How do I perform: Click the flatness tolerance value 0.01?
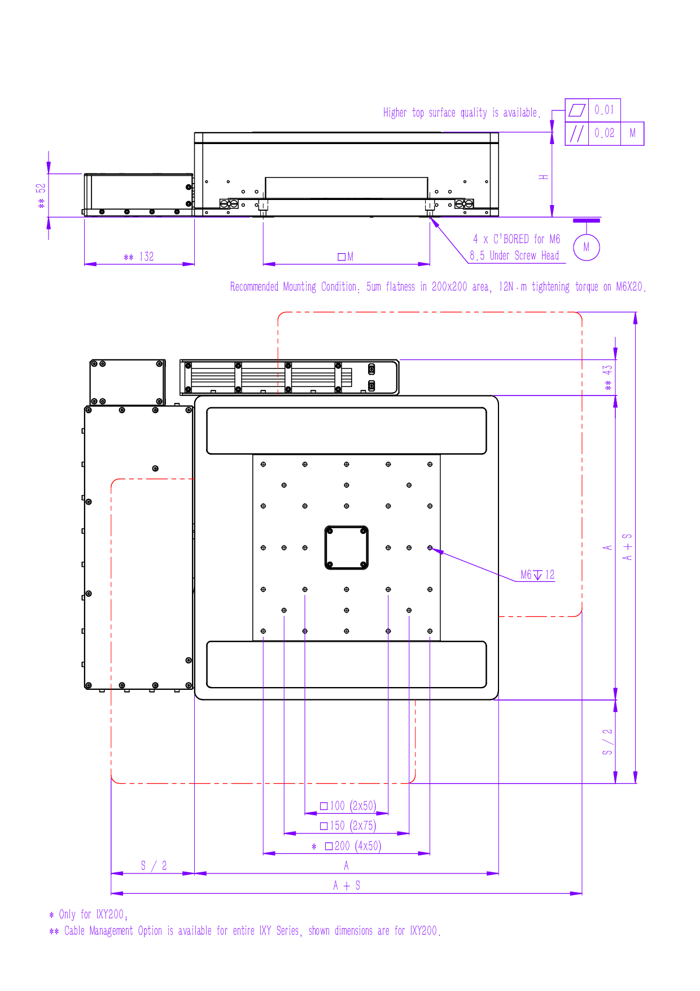coord(604,110)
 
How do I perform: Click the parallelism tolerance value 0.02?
coord(604,133)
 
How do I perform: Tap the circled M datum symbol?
coord(587,247)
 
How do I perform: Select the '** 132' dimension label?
coord(139,257)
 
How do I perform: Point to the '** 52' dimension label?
coord(41,195)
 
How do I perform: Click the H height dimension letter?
coord(544,177)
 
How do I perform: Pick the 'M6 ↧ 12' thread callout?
coord(537,575)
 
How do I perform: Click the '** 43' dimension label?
coord(607,377)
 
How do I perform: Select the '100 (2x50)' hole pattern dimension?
coord(348,806)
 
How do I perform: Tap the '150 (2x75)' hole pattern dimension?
coord(348,825)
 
